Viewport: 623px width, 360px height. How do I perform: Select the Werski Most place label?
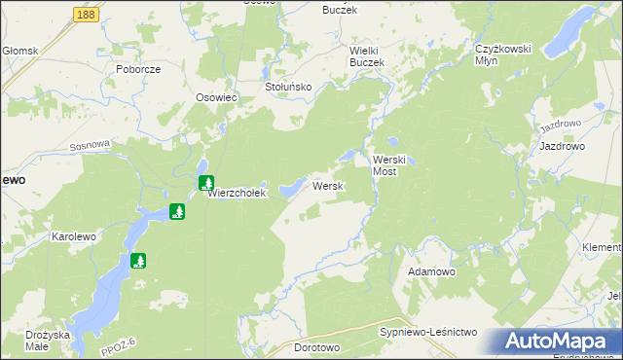[x=395, y=164]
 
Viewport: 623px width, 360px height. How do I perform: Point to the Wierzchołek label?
[x=237, y=194]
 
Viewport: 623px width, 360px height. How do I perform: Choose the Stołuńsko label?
[x=288, y=87]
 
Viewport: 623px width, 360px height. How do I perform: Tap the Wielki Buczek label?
[x=368, y=55]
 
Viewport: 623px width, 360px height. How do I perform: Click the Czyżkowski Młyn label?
[x=499, y=54]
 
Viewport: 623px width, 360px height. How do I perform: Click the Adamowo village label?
[x=432, y=271]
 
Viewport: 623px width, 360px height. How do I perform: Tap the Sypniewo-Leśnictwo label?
[x=427, y=333]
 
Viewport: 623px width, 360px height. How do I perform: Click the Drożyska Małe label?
[x=48, y=340]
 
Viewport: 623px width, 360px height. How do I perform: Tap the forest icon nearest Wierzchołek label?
[x=206, y=182]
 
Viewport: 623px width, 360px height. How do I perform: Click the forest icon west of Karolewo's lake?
[x=139, y=261]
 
